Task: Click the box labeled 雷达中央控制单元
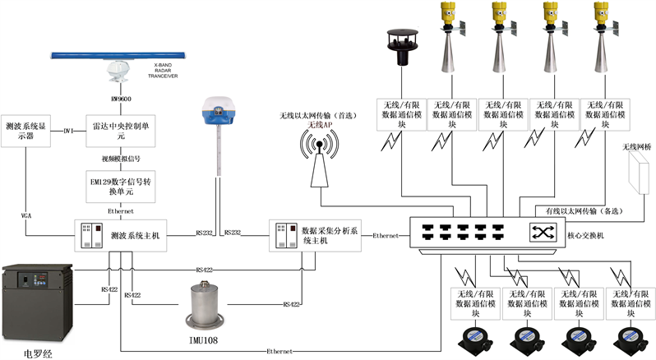click(121, 130)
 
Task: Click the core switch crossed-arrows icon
click(542, 231)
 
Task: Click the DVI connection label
click(69, 130)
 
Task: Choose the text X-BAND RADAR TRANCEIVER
click(168, 70)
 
